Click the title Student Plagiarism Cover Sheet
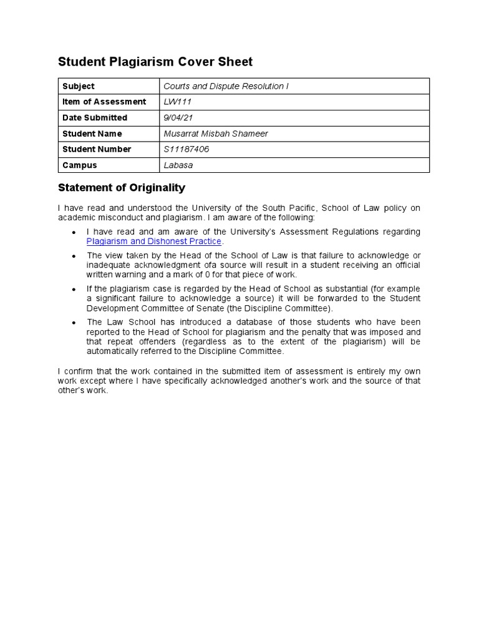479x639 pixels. pos(155,61)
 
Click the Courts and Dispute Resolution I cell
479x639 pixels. pos(226,86)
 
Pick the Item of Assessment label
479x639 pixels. pos(104,102)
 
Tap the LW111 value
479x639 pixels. pos(177,102)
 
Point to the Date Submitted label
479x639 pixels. pos(95,117)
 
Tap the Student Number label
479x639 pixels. pos(97,149)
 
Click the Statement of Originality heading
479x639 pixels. pos(122,187)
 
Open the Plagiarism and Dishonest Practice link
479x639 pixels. pos(154,241)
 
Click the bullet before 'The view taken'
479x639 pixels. pos(74,256)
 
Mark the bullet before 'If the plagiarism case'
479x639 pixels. pos(74,290)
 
